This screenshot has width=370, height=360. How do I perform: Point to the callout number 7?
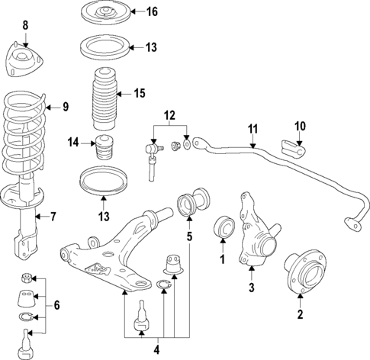(x=53, y=217)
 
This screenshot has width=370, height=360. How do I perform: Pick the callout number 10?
(x=299, y=124)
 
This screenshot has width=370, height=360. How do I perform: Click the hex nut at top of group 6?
(x=27, y=277)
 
